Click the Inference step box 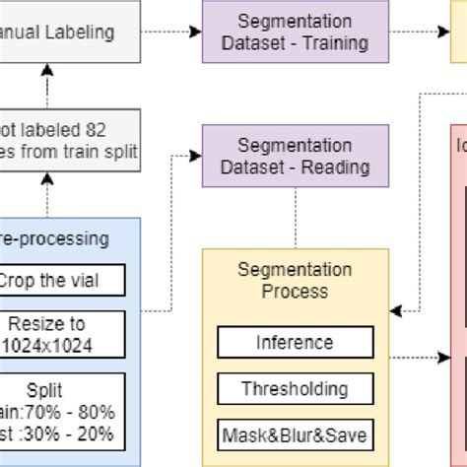[x=295, y=343]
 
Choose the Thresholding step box [x=295, y=388]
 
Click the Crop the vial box [x=61, y=280]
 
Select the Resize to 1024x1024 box [x=61, y=333]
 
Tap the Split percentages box [x=61, y=410]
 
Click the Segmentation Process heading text [x=295, y=280]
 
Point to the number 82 [x=115, y=129]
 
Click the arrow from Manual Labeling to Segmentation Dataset [x=171, y=32]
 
